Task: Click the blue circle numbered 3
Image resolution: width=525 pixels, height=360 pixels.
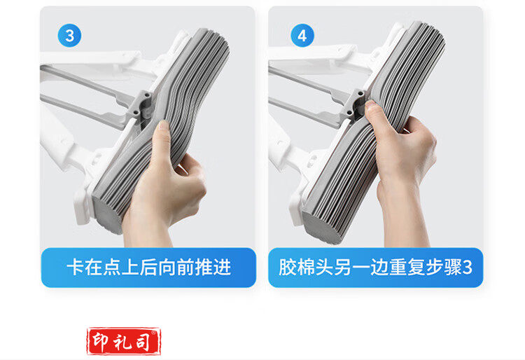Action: point(69,36)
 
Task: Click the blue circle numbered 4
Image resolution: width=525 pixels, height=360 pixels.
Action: point(302,36)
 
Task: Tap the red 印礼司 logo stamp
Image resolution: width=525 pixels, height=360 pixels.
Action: point(124,341)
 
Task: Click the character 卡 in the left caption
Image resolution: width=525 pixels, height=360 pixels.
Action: point(76,268)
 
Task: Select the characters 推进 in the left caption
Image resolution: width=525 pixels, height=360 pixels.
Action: point(213,268)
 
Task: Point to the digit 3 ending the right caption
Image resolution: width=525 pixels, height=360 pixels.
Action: point(467,268)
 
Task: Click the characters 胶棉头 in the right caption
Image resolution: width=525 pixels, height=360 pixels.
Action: point(305,268)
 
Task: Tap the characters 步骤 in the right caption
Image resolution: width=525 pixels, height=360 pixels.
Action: point(444,268)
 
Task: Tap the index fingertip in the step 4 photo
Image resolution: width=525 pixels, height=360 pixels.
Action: point(370,105)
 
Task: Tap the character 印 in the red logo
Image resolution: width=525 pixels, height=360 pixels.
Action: point(101,341)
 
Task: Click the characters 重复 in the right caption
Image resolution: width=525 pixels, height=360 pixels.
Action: point(407,268)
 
